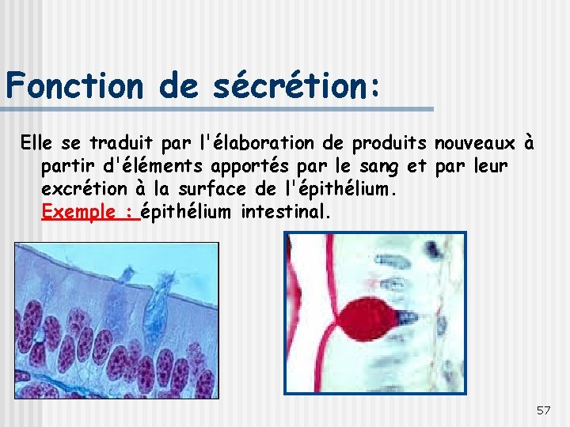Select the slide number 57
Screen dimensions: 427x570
point(543,410)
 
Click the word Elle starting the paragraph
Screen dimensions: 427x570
point(35,143)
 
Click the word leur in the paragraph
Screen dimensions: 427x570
point(489,166)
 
